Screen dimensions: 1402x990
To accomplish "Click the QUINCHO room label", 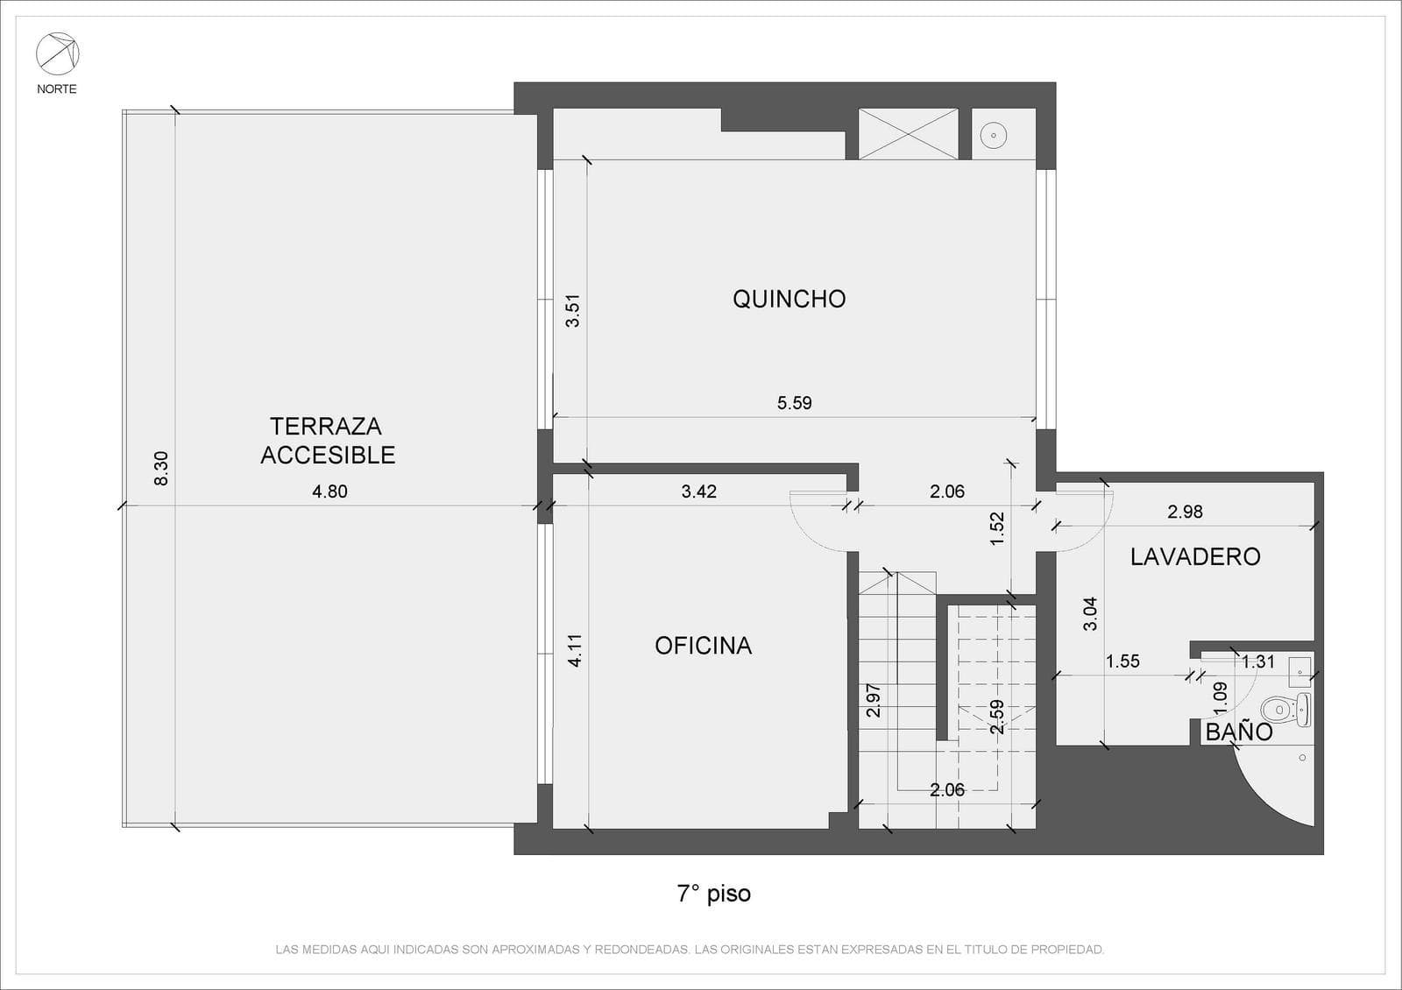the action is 790,299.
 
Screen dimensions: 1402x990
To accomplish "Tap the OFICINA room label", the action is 704,646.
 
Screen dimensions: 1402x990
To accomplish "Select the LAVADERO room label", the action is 1195,557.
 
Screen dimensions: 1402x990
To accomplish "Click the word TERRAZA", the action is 326,426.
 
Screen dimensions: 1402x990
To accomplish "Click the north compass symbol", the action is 58,53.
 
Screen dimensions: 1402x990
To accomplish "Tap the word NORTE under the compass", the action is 57,88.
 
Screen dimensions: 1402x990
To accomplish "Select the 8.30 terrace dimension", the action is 161,468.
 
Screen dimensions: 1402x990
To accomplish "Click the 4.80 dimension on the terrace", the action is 329,491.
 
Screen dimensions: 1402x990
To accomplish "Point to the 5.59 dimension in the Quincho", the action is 794,403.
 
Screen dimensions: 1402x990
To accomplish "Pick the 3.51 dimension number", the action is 573,311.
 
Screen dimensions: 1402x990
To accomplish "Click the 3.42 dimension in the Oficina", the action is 699,491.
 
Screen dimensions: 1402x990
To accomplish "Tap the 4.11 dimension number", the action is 575,651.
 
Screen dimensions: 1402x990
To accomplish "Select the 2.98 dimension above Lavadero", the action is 1186,512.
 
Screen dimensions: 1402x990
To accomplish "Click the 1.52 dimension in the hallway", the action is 997,529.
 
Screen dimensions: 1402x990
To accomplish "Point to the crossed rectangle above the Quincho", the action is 908,134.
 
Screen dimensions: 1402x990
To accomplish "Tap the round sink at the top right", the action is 994,135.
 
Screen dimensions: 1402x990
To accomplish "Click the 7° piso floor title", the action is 713,894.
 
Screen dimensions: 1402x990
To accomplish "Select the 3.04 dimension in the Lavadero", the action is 1090,614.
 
